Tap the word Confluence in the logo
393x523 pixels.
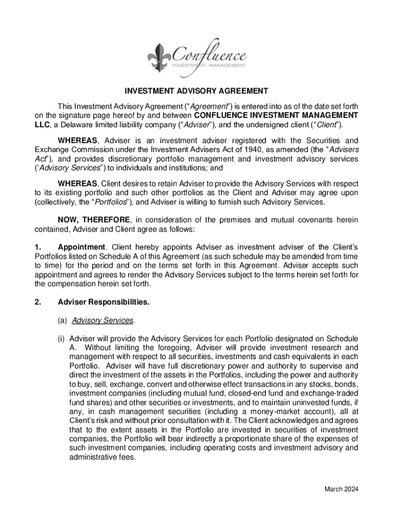[x=211, y=54]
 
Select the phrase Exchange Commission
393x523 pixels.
[x=68, y=150]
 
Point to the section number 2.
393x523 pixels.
[x=37, y=302]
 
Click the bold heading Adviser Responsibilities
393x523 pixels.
[x=104, y=302]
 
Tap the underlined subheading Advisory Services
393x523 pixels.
[x=103, y=320]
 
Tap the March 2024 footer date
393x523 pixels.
[x=341, y=489]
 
